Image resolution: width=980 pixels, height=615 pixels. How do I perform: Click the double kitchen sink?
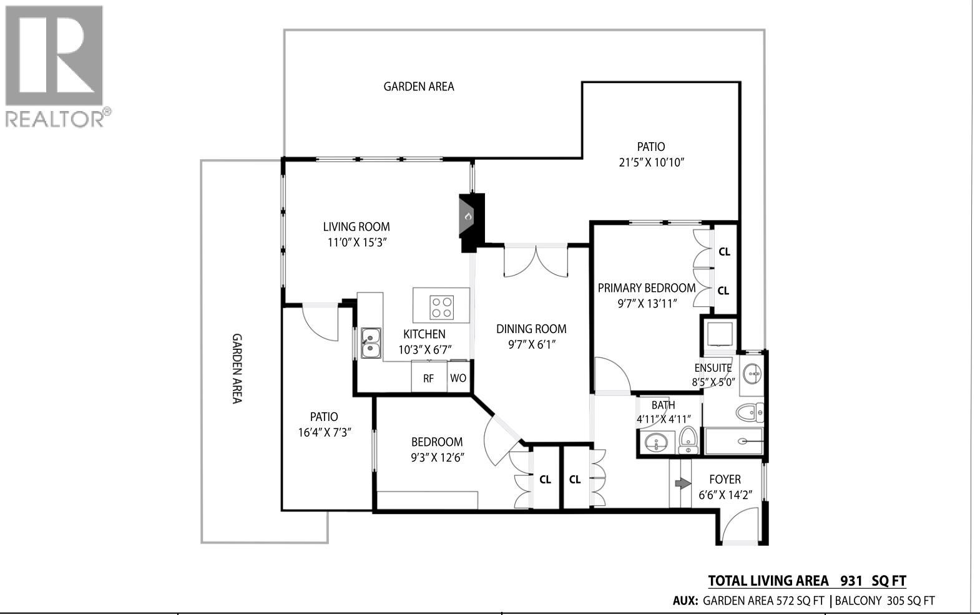click(x=370, y=343)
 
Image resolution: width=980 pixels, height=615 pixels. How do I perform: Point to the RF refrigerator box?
click(x=429, y=379)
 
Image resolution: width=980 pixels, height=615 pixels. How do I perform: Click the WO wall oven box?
click(x=458, y=379)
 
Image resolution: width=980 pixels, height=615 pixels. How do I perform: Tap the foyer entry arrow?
click(x=682, y=483)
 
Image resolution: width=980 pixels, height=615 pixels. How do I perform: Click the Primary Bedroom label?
click(x=647, y=288)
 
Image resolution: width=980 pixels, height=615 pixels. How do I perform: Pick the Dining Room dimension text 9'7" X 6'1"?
click(x=531, y=344)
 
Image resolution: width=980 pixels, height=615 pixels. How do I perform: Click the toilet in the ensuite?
click(x=749, y=412)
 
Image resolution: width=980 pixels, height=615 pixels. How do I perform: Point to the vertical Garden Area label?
click(x=237, y=368)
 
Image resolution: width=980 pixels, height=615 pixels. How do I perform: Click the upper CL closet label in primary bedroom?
click(x=724, y=252)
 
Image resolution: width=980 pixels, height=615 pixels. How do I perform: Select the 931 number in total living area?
click(x=851, y=581)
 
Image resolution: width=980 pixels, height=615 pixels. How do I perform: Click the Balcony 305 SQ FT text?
click(x=884, y=601)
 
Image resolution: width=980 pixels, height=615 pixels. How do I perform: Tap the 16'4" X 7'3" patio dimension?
click(x=325, y=432)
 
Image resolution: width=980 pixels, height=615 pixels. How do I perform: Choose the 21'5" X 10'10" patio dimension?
click(x=652, y=163)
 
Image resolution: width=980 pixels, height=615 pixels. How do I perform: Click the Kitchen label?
click(x=424, y=334)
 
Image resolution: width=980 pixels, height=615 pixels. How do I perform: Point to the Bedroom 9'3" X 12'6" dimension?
click(x=437, y=458)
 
